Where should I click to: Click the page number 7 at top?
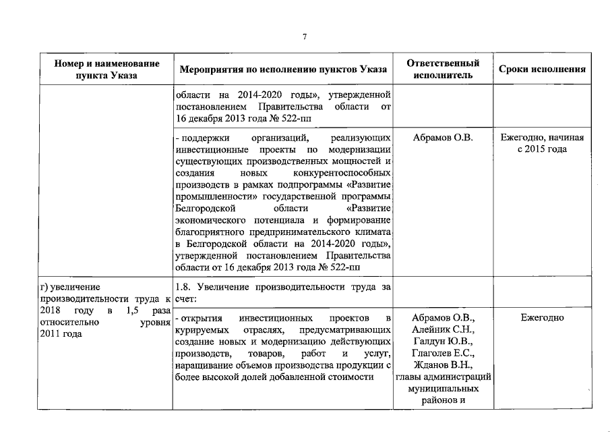[305, 36]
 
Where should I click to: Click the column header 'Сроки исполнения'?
[542, 69]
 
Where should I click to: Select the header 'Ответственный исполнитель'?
[444, 69]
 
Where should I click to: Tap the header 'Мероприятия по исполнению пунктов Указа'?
[283, 69]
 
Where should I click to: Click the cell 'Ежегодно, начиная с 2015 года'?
[542, 143]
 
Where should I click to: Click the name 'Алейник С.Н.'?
[444, 329]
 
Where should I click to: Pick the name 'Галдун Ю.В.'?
[444, 342]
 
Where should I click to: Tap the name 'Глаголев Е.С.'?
[444, 354]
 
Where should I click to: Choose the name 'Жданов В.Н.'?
[444, 366]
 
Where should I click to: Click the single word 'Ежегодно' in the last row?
[542, 317]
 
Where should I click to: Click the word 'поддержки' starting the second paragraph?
[200, 138]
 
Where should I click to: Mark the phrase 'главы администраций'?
[444, 378]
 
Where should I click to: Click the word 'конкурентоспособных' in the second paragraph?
[346, 174]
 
